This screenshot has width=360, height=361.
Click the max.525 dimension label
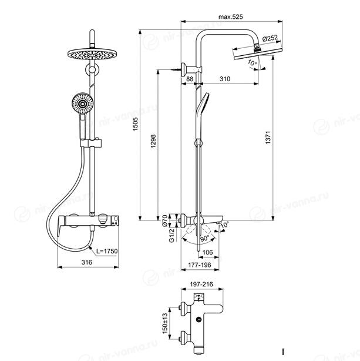230,17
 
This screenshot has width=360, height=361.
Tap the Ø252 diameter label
270,38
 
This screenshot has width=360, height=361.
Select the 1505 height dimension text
135,124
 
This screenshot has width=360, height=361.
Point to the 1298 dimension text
153,141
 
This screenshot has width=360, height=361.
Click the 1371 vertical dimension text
268,138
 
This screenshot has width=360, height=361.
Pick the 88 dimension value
190,79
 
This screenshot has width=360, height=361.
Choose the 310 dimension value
225,79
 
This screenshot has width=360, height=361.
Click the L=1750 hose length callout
107,251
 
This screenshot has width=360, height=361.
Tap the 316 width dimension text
87,262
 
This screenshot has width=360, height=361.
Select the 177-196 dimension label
200,265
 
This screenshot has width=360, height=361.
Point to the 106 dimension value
207,252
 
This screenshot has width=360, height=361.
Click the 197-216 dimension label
201,285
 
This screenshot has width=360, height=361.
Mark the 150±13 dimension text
165,323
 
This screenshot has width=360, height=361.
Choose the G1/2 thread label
171,235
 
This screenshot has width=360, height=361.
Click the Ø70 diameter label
164,220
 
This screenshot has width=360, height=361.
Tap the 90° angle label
205,238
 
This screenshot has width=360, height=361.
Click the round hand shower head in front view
82,103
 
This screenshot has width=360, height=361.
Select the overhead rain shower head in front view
92,55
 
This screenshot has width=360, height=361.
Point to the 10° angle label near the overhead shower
253,63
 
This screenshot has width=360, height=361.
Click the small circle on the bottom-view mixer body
198,320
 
